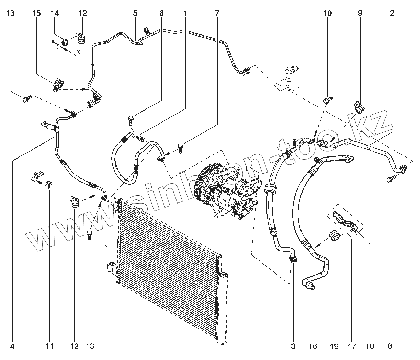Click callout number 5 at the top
(135, 13)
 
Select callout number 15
(36, 13)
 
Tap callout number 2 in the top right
(392, 13)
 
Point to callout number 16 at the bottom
(313, 346)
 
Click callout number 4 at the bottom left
(12, 346)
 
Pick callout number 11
(50, 346)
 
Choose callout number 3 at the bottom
(293, 346)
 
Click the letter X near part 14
(79, 52)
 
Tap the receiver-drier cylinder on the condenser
(222, 305)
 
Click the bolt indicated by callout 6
(130, 119)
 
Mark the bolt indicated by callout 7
(180, 148)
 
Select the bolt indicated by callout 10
(327, 100)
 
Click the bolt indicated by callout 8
(390, 179)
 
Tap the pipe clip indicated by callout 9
(359, 106)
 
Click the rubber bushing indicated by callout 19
(334, 236)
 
